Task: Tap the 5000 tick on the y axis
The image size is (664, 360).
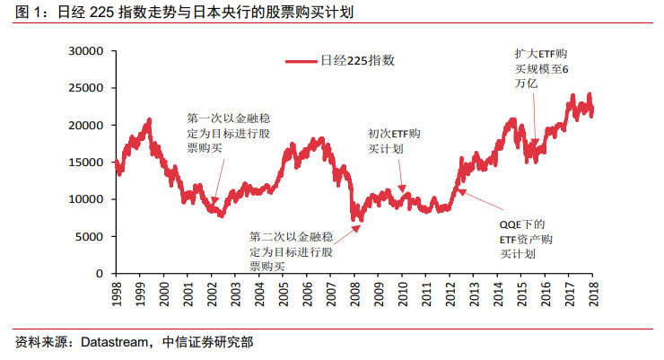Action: (92, 236)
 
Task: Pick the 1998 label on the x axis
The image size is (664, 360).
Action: (117, 293)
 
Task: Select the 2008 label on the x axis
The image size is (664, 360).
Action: (354, 293)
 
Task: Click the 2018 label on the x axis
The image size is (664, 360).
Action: (592, 293)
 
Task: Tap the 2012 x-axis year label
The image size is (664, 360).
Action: (450, 293)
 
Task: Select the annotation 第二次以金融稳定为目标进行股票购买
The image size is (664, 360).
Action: (288, 251)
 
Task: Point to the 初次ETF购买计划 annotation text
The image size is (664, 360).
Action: (394, 141)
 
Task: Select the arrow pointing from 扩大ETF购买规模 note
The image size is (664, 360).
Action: (533, 117)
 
